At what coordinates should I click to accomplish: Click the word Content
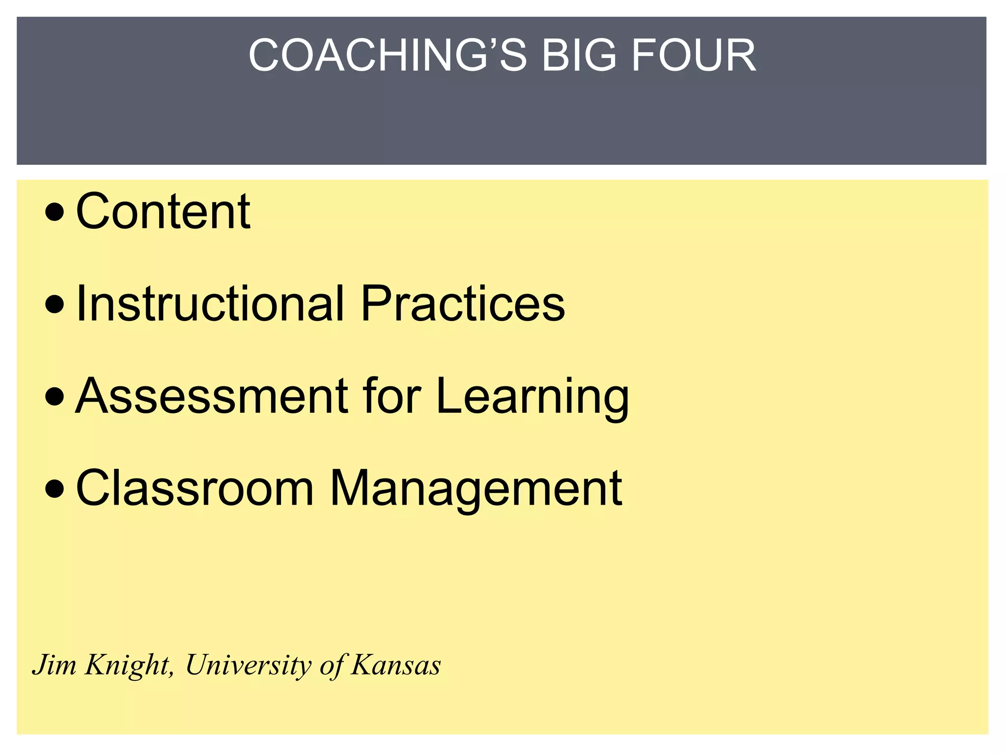tap(163, 211)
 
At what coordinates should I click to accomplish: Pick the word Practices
tap(463, 303)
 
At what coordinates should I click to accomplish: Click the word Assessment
tap(211, 396)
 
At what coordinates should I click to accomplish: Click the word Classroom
tap(195, 488)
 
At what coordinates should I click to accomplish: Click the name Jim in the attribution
tap(55, 665)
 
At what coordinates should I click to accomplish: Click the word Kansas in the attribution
tap(395, 665)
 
